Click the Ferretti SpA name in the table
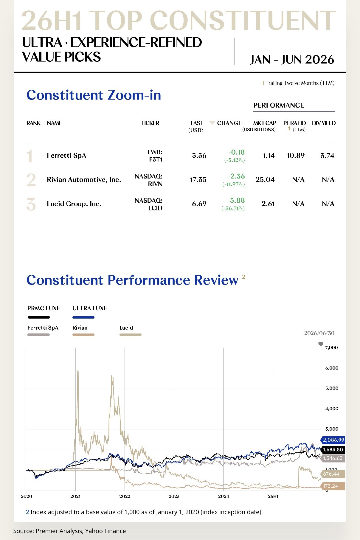point(66,156)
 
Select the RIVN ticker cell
point(148,180)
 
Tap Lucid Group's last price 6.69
point(199,204)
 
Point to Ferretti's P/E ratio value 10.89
point(296,156)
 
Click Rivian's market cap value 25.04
point(265,180)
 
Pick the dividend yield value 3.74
point(327,156)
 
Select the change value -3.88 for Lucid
point(236,201)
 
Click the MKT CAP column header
point(264,123)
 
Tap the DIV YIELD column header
point(324,123)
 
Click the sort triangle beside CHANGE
point(212,123)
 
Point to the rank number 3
point(31,204)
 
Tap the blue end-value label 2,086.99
point(333,440)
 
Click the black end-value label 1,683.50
point(333,450)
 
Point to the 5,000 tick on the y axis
point(332,388)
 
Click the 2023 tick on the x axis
point(174,496)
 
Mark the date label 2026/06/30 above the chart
point(319,333)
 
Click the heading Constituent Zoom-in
point(94,95)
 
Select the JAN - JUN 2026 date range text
point(292,60)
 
